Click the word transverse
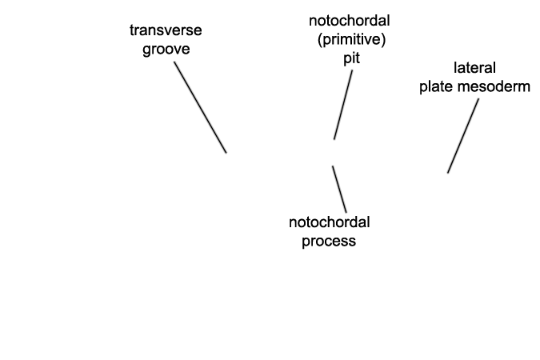166,30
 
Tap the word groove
166,50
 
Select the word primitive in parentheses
351,40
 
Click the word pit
352,58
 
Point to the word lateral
474,68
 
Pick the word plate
436,86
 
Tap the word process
329,241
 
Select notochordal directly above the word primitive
350,21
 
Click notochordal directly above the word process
330,222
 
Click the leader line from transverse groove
200,107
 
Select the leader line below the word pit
343,105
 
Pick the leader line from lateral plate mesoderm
463,136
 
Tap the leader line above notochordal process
339,189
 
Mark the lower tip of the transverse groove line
226,153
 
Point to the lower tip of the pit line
334,139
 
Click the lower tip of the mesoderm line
448,173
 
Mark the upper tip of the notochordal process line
332,166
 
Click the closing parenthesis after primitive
384,40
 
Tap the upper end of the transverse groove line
174,62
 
